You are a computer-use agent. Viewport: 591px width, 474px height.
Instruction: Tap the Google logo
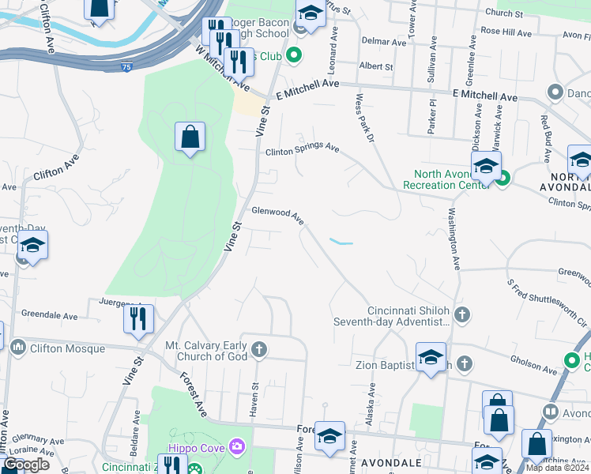[x=25, y=465]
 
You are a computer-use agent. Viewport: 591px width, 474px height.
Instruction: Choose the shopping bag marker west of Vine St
[x=190, y=137]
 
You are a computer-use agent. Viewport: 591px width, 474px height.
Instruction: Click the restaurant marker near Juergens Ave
[x=139, y=319]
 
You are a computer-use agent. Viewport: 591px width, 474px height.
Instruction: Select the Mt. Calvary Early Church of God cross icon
[x=258, y=349]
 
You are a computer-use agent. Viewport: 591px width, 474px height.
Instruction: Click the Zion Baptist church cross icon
[x=465, y=364]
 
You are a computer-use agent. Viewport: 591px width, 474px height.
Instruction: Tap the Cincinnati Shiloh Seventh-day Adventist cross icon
[x=462, y=316]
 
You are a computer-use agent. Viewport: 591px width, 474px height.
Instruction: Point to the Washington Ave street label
[x=454, y=238]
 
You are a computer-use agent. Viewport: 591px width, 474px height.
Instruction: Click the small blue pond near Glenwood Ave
[x=341, y=242]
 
